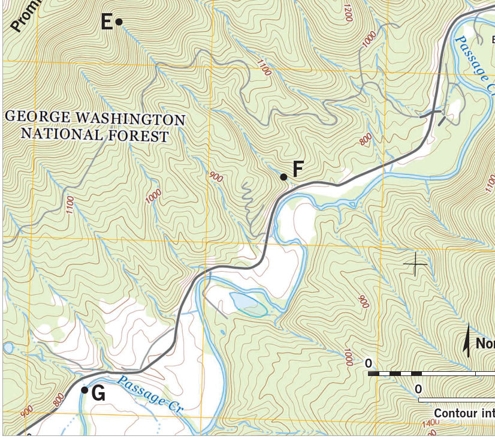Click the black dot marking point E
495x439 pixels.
(x=119, y=22)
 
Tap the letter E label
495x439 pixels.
(x=107, y=23)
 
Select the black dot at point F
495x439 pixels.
(x=283, y=176)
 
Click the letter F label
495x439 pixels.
(x=297, y=170)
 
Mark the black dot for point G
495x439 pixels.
(x=84, y=390)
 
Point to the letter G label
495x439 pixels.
(x=99, y=394)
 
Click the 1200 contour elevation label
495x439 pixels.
(x=348, y=13)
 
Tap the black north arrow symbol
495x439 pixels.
(x=467, y=341)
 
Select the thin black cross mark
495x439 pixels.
(x=415, y=264)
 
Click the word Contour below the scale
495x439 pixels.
(x=455, y=414)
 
